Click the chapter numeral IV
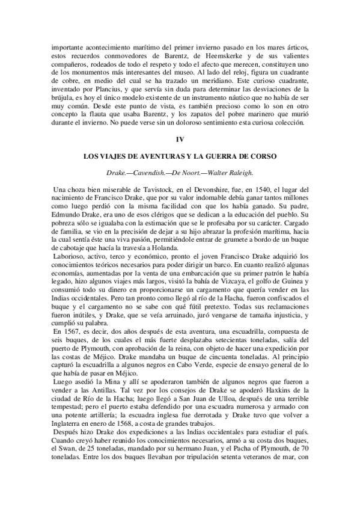[180, 140]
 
